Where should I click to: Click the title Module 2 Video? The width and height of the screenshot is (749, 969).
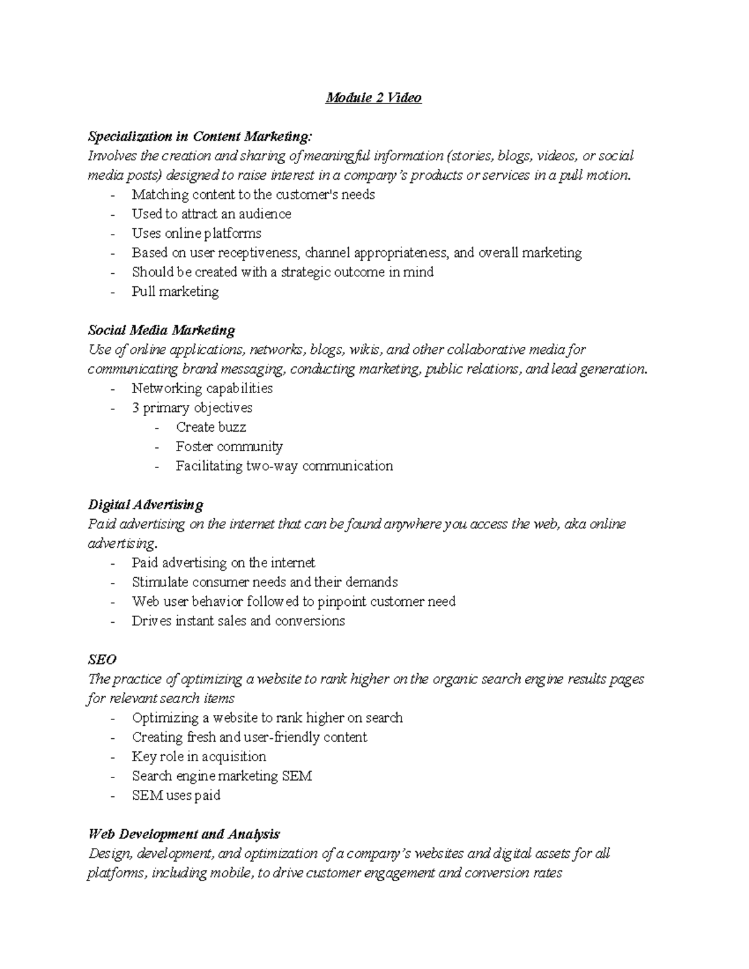pyautogui.click(x=373, y=98)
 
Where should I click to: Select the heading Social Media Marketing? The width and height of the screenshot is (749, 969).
pyautogui.click(x=161, y=330)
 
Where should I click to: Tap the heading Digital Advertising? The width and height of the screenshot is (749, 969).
pyautogui.click(x=145, y=504)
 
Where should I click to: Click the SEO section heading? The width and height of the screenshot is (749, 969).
pyautogui.click(x=102, y=659)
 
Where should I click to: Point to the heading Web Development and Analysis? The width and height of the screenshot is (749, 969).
pyautogui.click(x=184, y=834)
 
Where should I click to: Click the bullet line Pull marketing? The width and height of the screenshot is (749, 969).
pyautogui.click(x=175, y=291)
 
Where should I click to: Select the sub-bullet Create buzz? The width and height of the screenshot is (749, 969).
pyautogui.click(x=211, y=427)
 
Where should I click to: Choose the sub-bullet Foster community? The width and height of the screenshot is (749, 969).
pyautogui.click(x=229, y=446)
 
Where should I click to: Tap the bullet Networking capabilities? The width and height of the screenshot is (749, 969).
pyautogui.click(x=202, y=388)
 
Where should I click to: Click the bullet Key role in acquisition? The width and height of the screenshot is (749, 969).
pyautogui.click(x=198, y=756)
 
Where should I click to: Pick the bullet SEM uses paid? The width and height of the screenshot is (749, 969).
pyautogui.click(x=176, y=795)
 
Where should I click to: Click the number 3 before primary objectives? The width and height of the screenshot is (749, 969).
pyautogui.click(x=135, y=407)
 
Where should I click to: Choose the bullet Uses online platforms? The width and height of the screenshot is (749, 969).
pyautogui.click(x=196, y=233)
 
